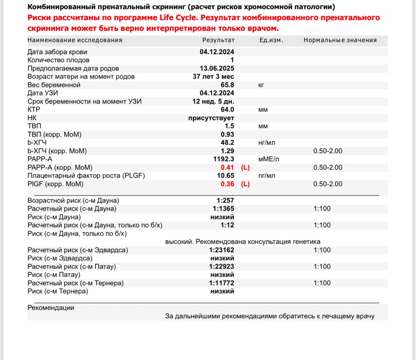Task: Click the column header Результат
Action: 218,40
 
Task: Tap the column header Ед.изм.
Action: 271,40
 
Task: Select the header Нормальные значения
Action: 340,40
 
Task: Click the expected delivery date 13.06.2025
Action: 217,69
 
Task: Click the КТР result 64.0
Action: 227,110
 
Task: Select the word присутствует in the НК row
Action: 211,118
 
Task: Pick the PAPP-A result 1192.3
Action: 223,159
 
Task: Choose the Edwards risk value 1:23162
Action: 221,250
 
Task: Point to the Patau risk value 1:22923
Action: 221,266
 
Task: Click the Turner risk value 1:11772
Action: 221,283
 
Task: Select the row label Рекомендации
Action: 51,308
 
